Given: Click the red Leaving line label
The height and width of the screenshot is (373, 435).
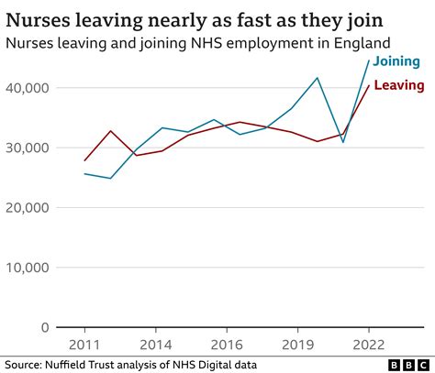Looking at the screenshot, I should [x=398, y=85].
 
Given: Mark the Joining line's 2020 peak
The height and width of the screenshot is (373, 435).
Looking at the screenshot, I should [x=318, y=78].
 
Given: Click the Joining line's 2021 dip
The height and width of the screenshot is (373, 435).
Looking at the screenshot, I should [x=343, y=142].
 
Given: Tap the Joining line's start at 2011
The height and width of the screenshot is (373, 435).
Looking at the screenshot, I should [x=84, y=173].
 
